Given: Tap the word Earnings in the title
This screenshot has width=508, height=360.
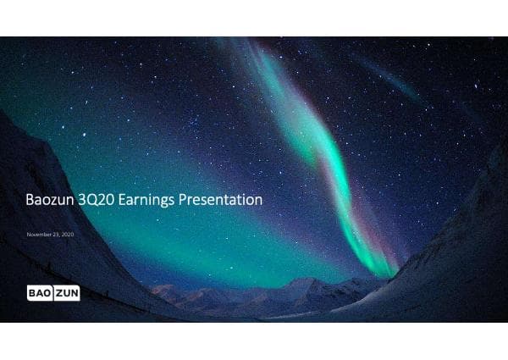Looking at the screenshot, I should click(x=144, y=201).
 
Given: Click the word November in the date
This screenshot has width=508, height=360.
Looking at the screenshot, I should click(x=40, y=233).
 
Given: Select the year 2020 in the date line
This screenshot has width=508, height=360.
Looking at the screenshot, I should click(x=68, y=233).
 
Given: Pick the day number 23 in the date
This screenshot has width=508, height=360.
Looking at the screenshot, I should click(x=57, y=233).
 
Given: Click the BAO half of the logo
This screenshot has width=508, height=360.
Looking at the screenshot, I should click(x=39, y=293).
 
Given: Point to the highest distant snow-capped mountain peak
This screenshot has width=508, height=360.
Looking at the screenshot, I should click(x=301, y=280).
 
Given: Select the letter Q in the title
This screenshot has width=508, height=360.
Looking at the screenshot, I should click(x=92, y=200).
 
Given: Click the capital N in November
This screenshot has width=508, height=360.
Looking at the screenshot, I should click(x=29, y=233).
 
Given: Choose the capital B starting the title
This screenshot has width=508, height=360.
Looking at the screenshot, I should click(x=27, y=200).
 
